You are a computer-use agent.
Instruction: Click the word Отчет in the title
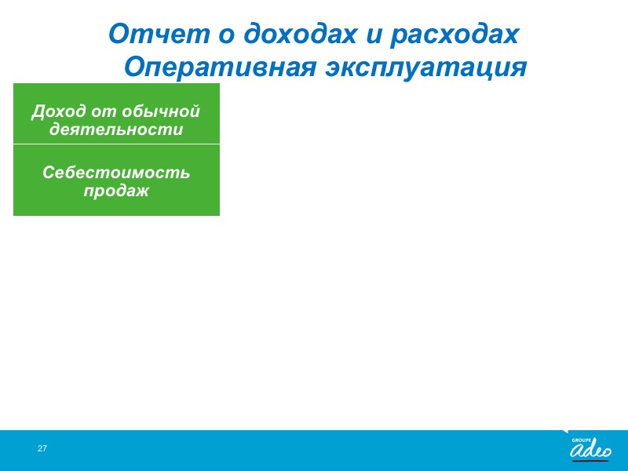tap(159, 34)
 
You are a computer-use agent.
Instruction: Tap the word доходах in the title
tap(300, 35)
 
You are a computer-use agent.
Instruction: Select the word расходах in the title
tap(455, 35)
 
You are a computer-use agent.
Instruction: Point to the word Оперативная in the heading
tap(220, 68)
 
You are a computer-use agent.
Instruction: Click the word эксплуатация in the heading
tap(425, 68)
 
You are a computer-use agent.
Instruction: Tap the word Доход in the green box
tap(58, 111)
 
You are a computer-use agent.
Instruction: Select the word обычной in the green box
tap(161, 111)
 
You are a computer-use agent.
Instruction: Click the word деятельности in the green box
tap(116, 130)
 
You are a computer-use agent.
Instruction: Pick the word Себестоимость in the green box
tap(116, 172)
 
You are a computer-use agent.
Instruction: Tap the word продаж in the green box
tap(116, 191)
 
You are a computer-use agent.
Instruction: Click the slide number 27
tap(42, 448)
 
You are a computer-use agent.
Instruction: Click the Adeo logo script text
tap(591, 451)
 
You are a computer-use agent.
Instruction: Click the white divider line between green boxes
tap(116, 144)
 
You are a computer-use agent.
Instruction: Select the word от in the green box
tap(104, 111)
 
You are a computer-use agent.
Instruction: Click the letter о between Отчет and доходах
tap(226, 35)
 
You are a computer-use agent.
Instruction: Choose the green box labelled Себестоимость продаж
tap(116, 181)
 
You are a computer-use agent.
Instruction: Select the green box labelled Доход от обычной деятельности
tap(116, 113)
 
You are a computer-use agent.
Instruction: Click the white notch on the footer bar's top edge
tap(565, 431)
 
